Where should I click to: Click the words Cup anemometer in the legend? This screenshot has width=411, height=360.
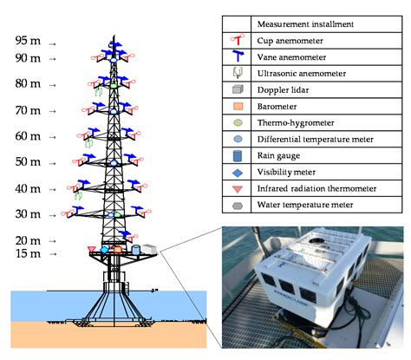(x=290, y=40)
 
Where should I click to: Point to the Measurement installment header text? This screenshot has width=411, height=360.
(x=304, y=23)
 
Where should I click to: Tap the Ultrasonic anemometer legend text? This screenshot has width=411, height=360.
(x=300, y=73)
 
